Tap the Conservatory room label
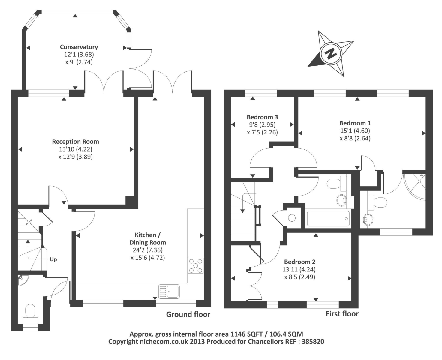pos(79,47)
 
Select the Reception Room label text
pos(76,142)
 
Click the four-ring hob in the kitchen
pos(195,265)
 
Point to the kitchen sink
pos(169,292)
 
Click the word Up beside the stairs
pos(53,259)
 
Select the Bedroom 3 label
pos(262,117)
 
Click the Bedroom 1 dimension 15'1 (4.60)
pos(355,131)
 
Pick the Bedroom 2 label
pos(300,262)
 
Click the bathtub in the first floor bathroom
pos(328,219)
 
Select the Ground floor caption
pos(188,314)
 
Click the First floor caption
pos(342,314)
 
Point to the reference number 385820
pos(313,341)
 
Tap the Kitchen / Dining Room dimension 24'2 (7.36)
pos(148,250)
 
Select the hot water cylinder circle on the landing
pos(292,218)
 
